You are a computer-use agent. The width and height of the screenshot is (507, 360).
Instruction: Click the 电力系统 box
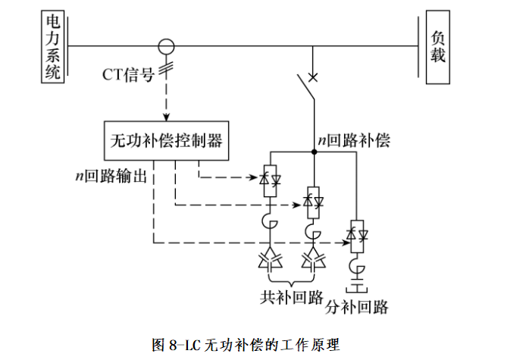(x=52, y=45)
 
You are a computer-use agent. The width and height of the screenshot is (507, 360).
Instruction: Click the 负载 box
(x=438, y=45)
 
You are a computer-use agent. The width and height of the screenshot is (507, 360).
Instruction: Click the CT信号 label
(x=130, y=74)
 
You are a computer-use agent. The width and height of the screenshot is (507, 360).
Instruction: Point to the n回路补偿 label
(x=353, y=140)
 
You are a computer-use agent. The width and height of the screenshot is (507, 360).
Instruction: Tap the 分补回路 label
(x=357, y=307)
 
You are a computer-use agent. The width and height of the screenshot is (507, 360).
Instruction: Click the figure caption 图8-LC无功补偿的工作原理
(x=252, y=345)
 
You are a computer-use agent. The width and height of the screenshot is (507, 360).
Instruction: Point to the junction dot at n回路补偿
(x=312, y=152)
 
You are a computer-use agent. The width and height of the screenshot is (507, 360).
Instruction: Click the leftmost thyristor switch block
(x=269, y=180)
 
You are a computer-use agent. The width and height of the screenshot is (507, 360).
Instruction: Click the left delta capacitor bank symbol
(x=269, y=260)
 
